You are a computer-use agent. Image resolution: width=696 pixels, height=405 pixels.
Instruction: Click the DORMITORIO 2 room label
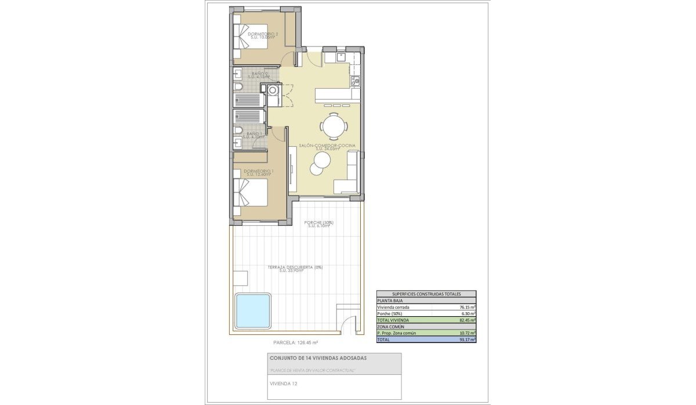tap(263, 34)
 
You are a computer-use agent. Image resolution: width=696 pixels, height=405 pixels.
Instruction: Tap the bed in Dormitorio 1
tap(250, 193)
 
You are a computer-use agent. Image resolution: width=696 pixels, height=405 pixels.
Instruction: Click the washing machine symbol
tap(272, 89)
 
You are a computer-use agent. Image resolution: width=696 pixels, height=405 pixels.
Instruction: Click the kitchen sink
tap(340, 57)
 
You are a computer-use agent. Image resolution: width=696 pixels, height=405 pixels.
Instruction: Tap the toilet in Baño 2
tap(238, 88)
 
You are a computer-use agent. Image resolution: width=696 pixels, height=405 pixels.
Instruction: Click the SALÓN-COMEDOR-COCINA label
tap(327, 146)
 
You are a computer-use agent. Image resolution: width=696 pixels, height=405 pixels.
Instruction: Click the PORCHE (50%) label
tap(318, 223)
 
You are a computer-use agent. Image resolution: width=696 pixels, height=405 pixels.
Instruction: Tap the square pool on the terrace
tap(253, 310)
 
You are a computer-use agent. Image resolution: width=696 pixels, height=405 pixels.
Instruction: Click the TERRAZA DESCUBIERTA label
tap(295, 267)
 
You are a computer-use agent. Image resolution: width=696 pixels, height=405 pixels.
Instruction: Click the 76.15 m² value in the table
tap(467, 308)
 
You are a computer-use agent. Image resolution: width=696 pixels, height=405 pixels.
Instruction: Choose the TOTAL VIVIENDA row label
tap(393, 320)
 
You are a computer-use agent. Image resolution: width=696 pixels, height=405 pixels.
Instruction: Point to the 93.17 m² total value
tap(467, 340)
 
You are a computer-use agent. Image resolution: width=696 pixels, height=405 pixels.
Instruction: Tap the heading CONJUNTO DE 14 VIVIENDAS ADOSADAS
tap(318, 358)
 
